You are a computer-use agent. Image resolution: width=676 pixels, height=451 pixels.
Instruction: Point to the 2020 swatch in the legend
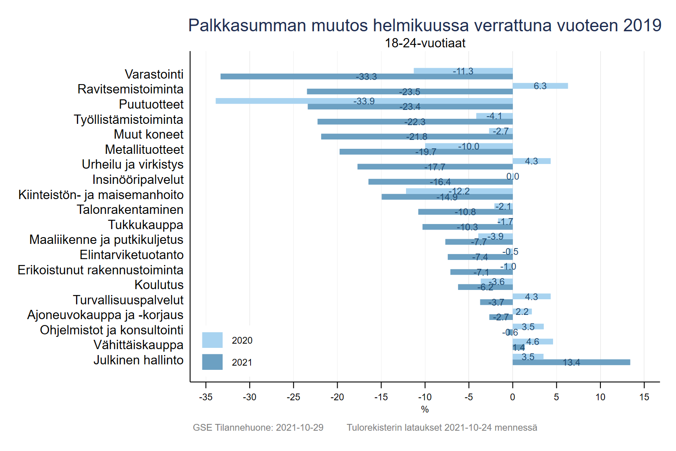pos(212,340)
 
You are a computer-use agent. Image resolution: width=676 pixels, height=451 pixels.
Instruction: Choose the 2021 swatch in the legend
pos(212,362)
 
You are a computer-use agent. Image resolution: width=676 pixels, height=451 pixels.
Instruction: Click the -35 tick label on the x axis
pos(206,397)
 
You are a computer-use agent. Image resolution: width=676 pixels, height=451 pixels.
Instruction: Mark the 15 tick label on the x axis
pos(644,397)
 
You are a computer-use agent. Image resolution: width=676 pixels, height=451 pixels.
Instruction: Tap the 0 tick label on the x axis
pos(512,397)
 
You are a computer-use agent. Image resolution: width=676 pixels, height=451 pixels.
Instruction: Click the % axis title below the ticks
pos(425,410)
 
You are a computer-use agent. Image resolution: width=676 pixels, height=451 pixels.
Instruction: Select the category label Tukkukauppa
pos(145,225)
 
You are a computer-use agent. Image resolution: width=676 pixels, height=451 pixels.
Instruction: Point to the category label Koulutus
pos(159,285)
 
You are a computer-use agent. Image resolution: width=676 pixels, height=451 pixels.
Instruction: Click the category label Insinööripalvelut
pos(138,180)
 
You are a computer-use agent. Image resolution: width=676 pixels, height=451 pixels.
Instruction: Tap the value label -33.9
pos(364,101)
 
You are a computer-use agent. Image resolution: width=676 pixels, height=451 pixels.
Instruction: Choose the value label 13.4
pos(571,363)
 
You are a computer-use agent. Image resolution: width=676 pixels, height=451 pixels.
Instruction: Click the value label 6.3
pos(540,86)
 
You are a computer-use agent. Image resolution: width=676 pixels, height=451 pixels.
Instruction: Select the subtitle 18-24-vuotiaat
pos(425,43)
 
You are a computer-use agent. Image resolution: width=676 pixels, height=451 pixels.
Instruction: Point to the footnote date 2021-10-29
pos(300,428)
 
